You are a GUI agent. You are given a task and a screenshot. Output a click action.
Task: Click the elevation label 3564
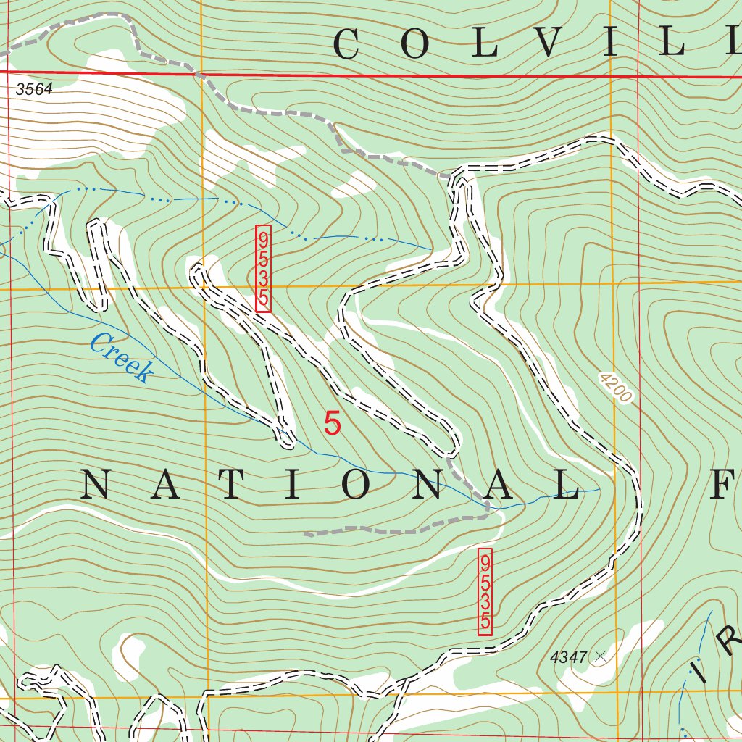click(34, 91)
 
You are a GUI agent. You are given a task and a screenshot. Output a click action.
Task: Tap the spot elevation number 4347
click(568, 657)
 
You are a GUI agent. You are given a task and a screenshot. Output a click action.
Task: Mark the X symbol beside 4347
click(599, 656)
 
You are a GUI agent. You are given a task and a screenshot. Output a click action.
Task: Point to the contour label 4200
click(616, 388)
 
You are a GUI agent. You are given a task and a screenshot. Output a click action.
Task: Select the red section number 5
click(332, 424)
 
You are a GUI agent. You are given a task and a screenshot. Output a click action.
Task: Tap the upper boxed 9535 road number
click(263, 269)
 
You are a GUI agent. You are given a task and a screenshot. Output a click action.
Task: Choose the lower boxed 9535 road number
click(485, 591)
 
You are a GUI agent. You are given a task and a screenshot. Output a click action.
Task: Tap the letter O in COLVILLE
click(414, 45)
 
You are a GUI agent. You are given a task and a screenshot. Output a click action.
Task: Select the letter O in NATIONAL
click(357, 485)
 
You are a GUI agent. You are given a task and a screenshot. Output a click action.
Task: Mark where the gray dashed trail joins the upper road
click(452, 176)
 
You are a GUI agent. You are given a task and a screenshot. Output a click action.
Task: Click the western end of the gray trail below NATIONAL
click(306, 534)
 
